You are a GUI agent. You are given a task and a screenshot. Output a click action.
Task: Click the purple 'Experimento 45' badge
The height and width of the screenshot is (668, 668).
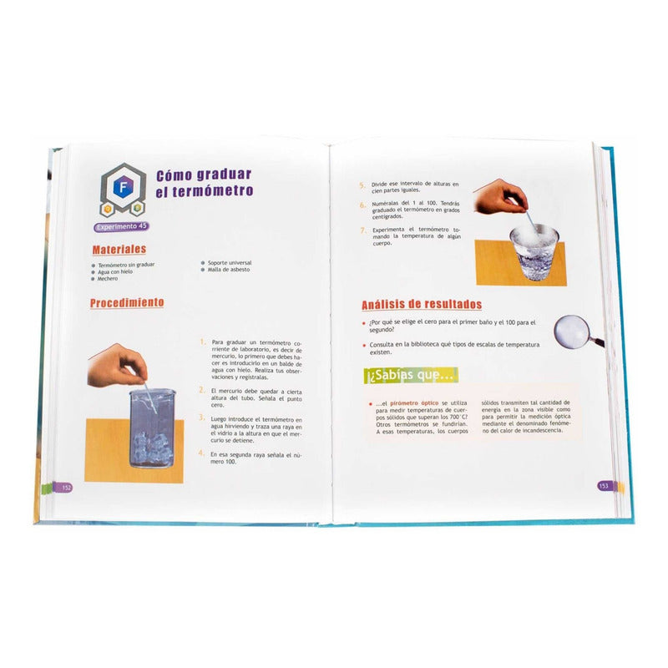coord(121,226)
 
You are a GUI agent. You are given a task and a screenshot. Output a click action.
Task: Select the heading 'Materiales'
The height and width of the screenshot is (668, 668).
coord(119,249)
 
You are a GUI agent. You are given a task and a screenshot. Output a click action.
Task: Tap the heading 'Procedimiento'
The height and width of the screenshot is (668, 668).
coord(127,303)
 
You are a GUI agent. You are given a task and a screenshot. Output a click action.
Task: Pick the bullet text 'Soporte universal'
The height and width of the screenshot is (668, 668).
coord(225,263)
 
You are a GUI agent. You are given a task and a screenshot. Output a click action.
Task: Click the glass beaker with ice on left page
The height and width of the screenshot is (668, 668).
coord(153,426)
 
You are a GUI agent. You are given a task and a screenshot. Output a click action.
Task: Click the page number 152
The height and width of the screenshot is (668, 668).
coord(66,487)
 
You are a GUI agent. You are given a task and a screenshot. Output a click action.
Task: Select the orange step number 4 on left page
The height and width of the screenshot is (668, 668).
coord(201,453)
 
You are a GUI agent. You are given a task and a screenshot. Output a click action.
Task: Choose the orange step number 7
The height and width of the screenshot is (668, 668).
coord(363,230)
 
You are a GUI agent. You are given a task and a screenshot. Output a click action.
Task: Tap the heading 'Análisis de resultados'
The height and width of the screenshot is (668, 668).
coord(421,305)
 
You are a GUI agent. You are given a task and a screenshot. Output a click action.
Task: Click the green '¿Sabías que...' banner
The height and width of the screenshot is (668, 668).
coord(412,376)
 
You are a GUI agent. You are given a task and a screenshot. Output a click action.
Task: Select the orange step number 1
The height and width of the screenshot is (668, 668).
coord(201,342)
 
